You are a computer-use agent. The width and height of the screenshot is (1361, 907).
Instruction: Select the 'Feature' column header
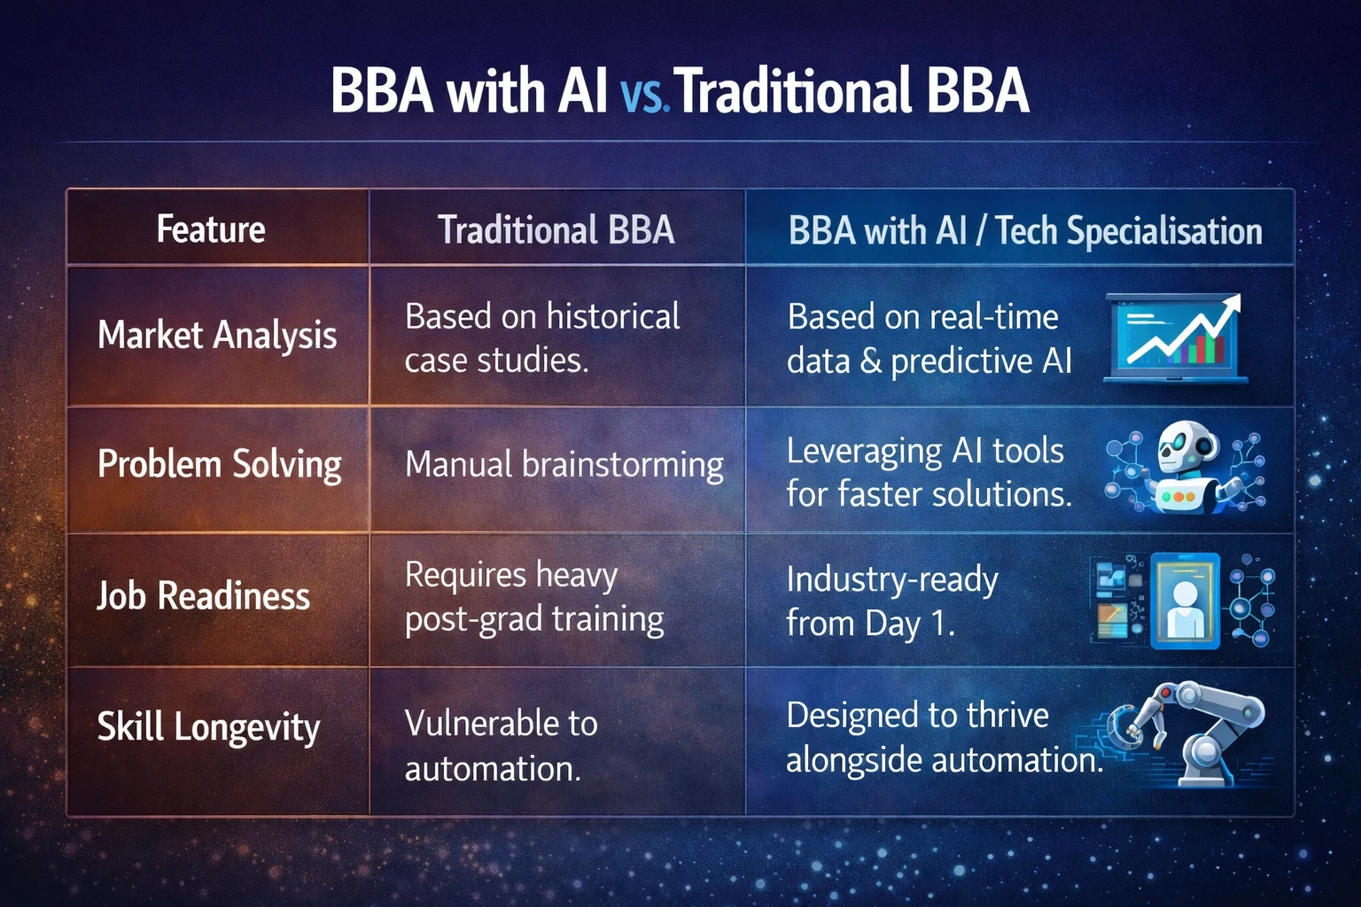click(211, 229)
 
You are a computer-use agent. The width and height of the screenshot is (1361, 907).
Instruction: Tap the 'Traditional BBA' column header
click(556, 229)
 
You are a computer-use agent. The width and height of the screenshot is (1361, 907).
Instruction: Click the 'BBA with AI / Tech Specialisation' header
click(1025, 231)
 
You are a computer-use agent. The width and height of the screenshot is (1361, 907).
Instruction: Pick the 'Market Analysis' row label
click(217, 335)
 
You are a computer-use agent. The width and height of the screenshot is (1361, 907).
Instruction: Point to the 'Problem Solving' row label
click(220, 465)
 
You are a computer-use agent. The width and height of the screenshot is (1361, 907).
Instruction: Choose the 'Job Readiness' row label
click(204, 595)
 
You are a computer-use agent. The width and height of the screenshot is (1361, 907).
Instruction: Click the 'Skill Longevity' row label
click(208, 726)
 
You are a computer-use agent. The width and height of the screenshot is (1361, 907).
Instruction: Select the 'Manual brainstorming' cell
click(564, 465)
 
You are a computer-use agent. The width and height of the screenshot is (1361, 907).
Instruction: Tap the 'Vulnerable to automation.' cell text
click(502, 746)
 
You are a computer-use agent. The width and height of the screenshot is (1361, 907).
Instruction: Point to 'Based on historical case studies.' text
click(542, 338)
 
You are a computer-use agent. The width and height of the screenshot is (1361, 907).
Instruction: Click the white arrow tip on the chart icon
click(1239, 297)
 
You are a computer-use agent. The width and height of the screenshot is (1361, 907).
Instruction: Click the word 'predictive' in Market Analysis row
click(961, 361)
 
